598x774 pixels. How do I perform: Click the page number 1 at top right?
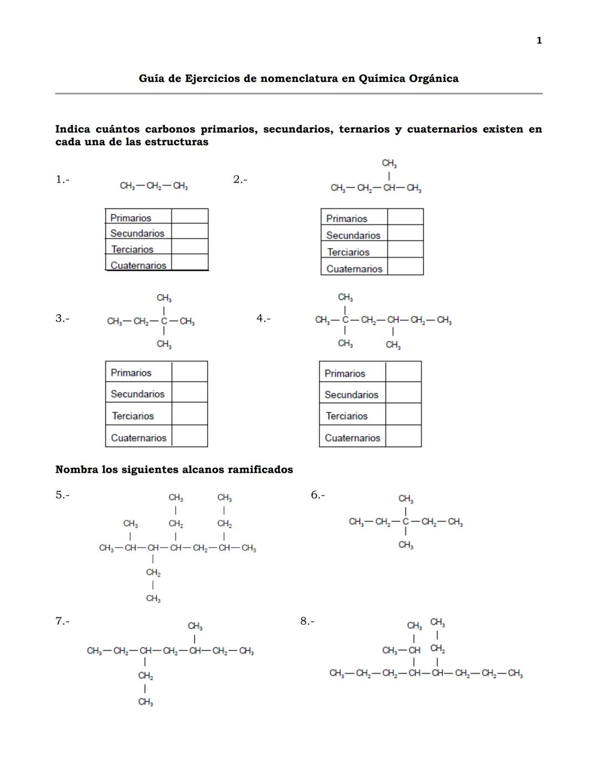click(x=539, y=40)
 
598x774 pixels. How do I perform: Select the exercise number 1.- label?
click(x=62, y=179)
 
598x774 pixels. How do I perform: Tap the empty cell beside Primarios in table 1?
click(x=189, y=217)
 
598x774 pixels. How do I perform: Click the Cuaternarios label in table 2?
click(x=354, y=269)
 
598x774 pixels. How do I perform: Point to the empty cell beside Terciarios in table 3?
click(x=189, y=414)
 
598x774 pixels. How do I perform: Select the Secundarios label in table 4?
click(x=351, y=394)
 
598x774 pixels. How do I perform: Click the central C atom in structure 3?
click(x=164, y=321)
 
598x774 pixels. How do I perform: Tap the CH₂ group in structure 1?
click(x=153, y=186)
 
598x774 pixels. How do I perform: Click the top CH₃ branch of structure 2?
click(x=389, y=163)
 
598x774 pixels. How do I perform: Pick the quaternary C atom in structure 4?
click(x=345, y=320)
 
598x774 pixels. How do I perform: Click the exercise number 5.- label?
click(x=62, y=495)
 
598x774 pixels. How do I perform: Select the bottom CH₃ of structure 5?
click(x=153, y=598)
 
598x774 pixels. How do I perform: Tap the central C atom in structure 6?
click(x=405, y=522)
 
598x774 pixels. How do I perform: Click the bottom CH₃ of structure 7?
click(x=146, y=702)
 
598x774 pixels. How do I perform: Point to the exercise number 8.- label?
click(x=307, y=621)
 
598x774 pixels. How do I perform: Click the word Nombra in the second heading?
click(x=76, y=470)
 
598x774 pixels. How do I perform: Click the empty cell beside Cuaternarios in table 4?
click(x=403, y=437)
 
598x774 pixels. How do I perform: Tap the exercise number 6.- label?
click(x=317, y=495)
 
